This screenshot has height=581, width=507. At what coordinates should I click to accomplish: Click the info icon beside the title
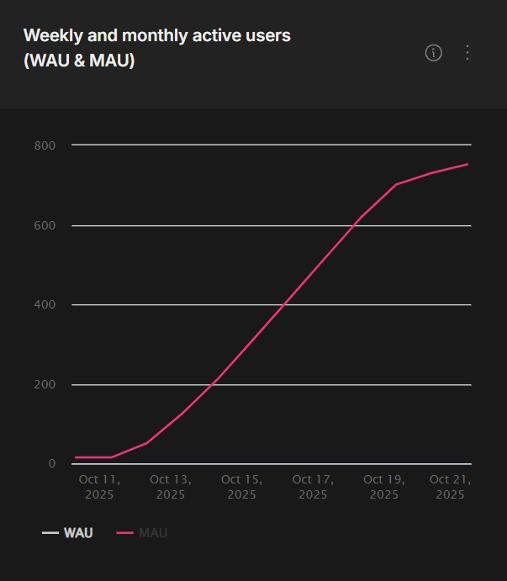(x=433, y=53)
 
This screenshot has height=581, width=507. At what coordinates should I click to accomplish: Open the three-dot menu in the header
(x=467, y=53)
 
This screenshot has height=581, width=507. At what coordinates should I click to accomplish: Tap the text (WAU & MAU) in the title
(x=79, y=61)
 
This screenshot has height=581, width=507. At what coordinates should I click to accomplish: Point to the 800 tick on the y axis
(x=45, y=145)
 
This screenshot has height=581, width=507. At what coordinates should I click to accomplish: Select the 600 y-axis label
(x=45, y=225)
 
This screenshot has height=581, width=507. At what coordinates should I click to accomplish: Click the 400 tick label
(x=45, y=304)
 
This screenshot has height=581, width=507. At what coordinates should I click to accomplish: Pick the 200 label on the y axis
(x=45, y=384)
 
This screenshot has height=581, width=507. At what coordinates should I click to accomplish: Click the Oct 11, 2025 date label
(x=99, y=487)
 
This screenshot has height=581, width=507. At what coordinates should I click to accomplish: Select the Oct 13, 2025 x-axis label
(x=171, y=487)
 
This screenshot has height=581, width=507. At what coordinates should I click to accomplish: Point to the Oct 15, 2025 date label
(x=241, y=487)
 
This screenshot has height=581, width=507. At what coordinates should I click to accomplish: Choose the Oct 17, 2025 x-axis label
(x=313, y=487)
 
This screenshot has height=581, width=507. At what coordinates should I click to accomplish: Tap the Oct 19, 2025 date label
(x=384, y=487)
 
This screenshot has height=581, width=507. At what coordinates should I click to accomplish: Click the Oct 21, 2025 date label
(x=450, y=487)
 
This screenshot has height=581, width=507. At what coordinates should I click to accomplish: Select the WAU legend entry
(x=68, y=533)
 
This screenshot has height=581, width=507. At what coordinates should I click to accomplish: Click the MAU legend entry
(x=142, y=533)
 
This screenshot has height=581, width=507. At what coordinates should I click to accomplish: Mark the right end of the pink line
(x=467, y=164)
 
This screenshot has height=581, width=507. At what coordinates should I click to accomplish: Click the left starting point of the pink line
(x=76, y=457)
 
